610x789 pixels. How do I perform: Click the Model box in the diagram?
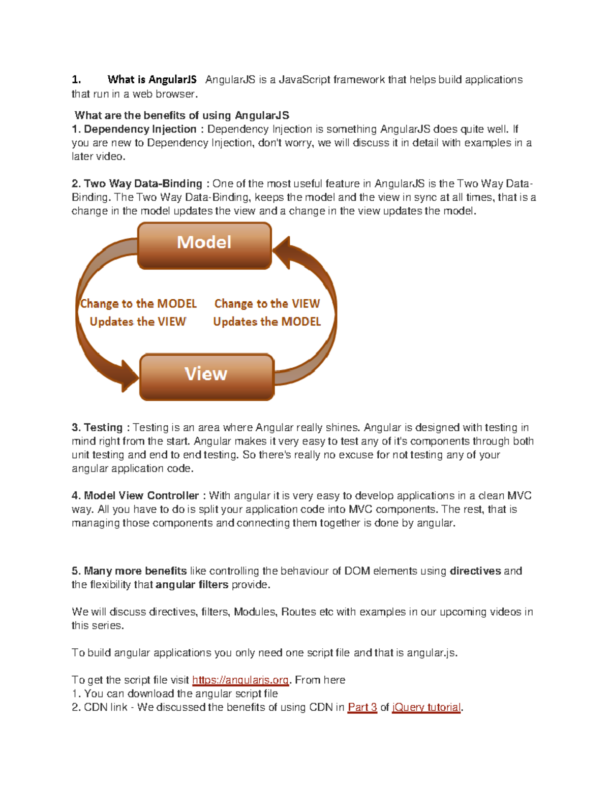click(204, 245)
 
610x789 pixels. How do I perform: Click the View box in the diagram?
click(206, 376)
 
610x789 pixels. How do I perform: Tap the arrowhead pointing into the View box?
click(129, 376)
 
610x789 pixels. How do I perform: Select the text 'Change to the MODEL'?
click(138, 304)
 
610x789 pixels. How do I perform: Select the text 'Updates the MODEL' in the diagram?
click(267, 322)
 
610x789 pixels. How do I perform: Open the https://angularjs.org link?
click(240, 680)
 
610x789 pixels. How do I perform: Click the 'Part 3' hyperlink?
click(362, 708)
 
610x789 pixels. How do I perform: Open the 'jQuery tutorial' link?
click(426, 708)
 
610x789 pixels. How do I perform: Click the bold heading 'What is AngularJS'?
click(151, 80)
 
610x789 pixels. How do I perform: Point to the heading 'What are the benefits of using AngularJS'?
click(182, 116)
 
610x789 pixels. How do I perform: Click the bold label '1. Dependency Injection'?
click(134, 130)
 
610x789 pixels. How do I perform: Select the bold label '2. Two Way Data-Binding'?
click(137, 184)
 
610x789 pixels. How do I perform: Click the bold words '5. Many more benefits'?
click(129, 571)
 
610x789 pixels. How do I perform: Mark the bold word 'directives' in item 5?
click(475, 571)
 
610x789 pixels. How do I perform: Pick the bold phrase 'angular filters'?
click(192, 585)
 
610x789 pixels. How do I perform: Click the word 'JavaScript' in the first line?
click(303, 80)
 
